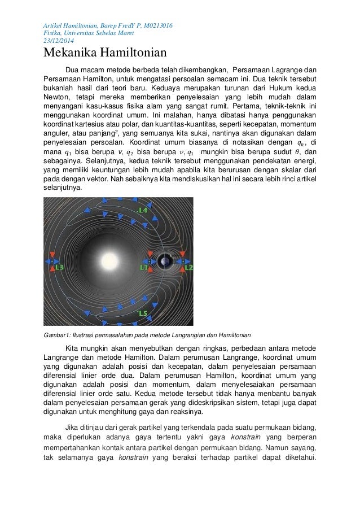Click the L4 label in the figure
pyautogui.click(x=142, y=211)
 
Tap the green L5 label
pyautogui.click(x=143, y=312)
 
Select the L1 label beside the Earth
pyautogui.click(x=144, y=268)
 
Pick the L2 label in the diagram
pyautogui.click(x=188, y=267)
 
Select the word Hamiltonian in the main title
pyautogui.click(x=133, y=54)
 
